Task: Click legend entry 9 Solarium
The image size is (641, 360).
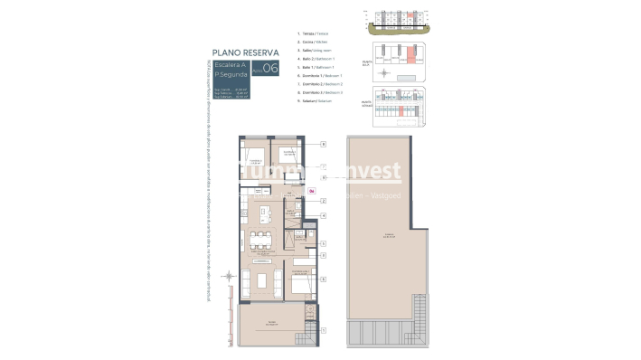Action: (x=316, y=100)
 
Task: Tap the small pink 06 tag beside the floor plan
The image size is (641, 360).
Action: (x=312, y=191)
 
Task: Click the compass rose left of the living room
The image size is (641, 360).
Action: (x=228, y=276)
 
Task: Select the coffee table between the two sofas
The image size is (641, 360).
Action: (x=266, y=275)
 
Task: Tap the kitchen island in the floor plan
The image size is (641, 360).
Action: (x=265, y=213)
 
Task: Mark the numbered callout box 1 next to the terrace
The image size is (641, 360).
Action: (x=323, y=331)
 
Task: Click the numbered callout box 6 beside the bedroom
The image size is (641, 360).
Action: (x=323, y=280)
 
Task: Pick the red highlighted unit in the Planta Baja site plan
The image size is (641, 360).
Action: (x=410, y=57)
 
